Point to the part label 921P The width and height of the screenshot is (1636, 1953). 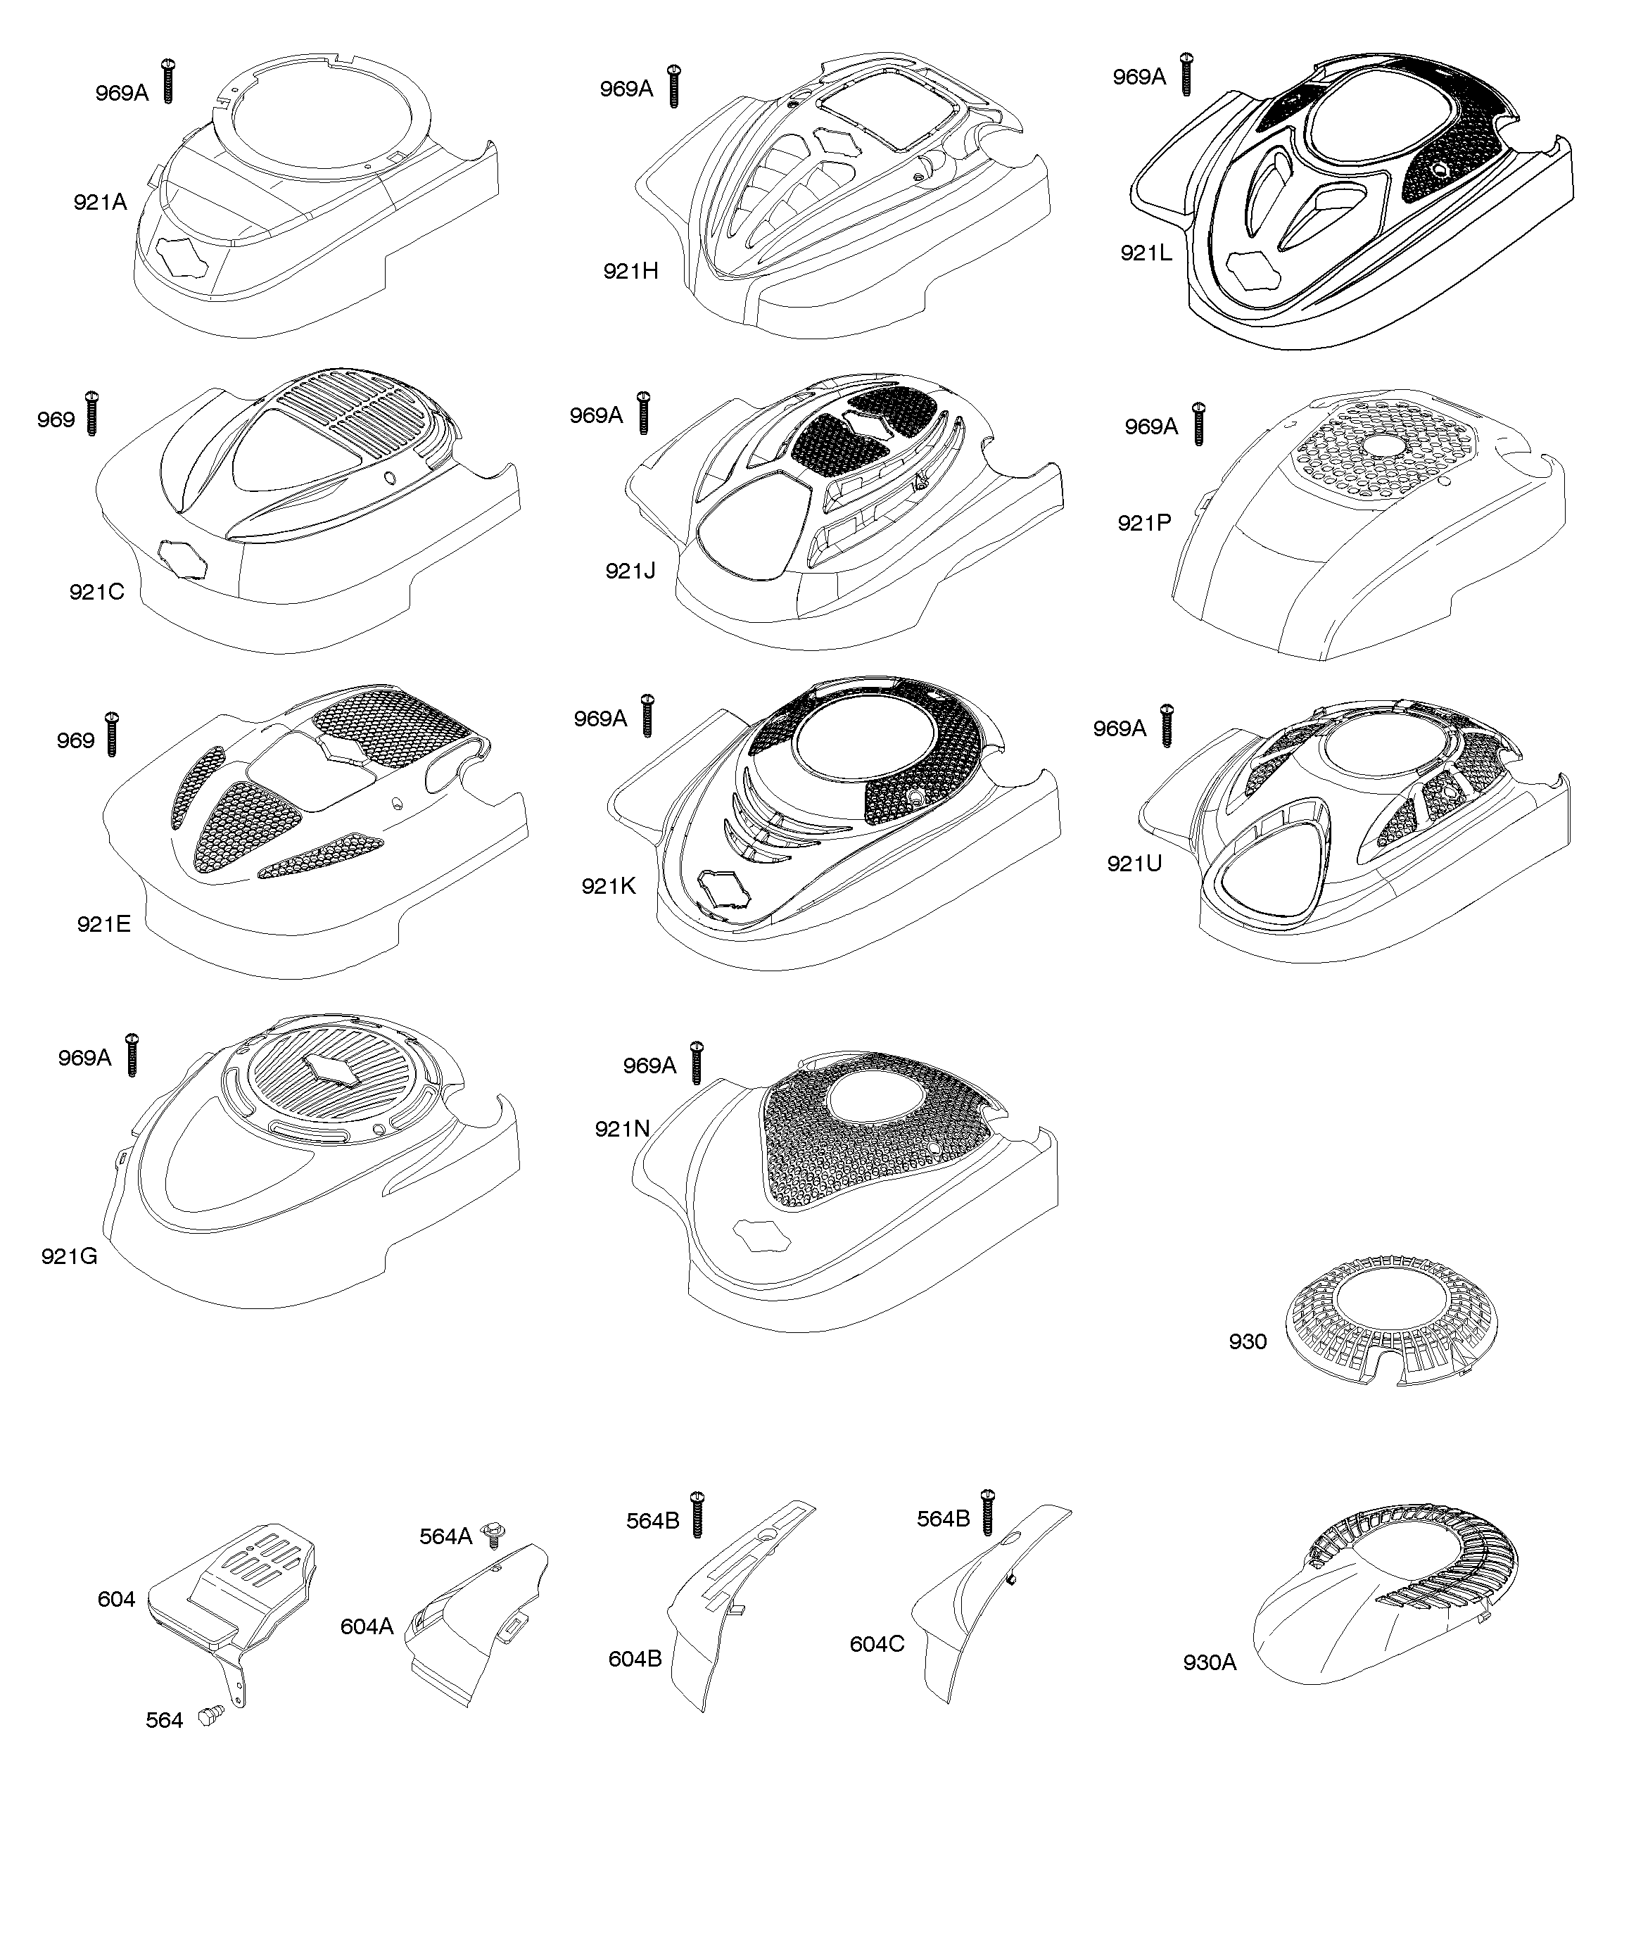pyautogui.click(x=1144, y=523)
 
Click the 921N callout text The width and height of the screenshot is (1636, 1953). pyautogui.click(x=622, y=1128)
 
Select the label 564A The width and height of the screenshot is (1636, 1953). pyautogui.click(x=445, y=1536)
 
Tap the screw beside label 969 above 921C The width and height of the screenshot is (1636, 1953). pyautogui.click(x=91, y=414)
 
